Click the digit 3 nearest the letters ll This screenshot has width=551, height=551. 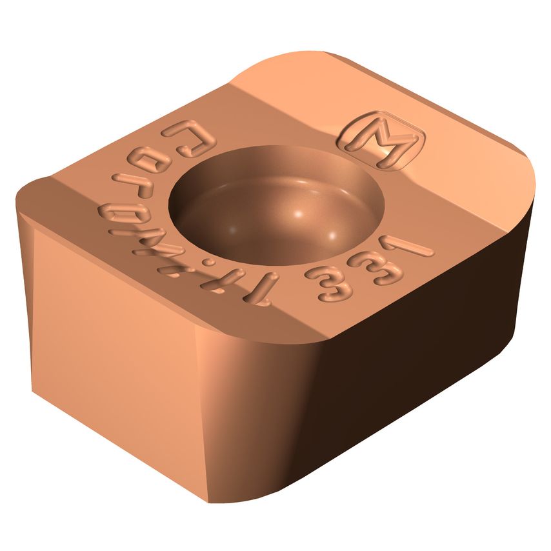click(320, 281)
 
